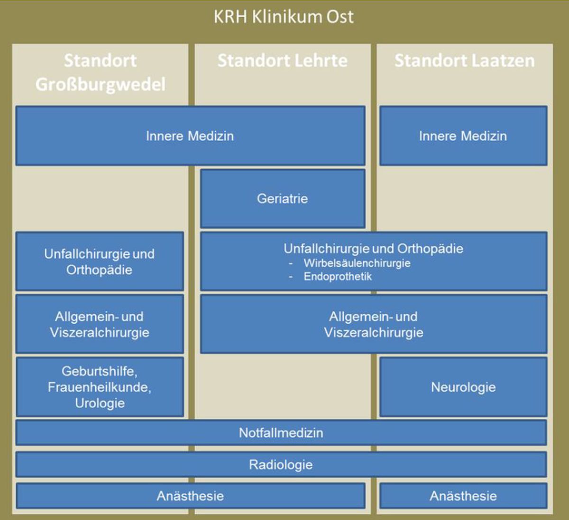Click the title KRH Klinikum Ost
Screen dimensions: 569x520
coord(284,17)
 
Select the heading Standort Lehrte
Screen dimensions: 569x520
coord(283,60)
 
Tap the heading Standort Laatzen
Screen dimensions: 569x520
coord(465,60)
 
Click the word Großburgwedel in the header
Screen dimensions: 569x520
coord(101,84)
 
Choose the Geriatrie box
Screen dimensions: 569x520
coord(283,199)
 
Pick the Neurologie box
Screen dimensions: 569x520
coord(463,387)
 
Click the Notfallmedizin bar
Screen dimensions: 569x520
coord(281,433)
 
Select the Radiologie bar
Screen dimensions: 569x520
coord(281,465)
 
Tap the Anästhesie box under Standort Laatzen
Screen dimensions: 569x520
coord(463,496)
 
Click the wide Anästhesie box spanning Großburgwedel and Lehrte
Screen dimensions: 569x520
coord(191,496)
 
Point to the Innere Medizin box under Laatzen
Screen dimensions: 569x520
coord(463,136)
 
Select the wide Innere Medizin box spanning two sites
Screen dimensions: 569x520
coord(191,136)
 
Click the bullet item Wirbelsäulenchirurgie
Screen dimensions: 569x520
coord(357,263)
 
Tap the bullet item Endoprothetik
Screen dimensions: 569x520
coord(338,276)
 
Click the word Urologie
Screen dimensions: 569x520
coord(100,403)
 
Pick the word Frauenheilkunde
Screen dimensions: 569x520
coord(99,387)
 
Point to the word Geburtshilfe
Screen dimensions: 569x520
coord(99,371)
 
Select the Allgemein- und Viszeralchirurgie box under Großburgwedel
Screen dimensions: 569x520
coord(100,324)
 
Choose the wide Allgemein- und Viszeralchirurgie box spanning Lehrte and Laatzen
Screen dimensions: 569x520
coord(374,324)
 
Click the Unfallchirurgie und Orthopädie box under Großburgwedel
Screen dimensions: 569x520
coord(100,261)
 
